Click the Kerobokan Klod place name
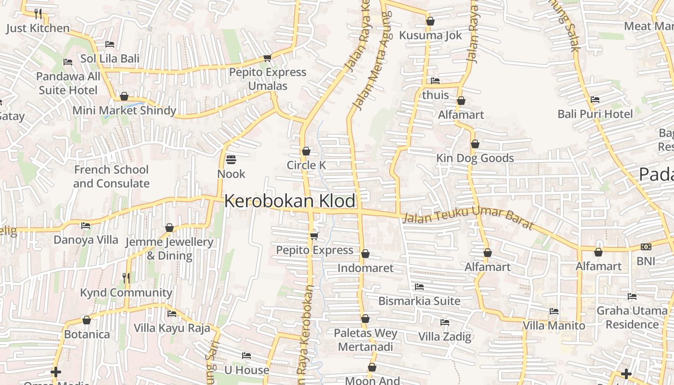pos(290,201)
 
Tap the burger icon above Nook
pos(231,159)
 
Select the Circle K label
pos(306,165)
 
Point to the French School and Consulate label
pos(111,177)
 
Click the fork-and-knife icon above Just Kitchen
pos(38,13)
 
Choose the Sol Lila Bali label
pos(110,59)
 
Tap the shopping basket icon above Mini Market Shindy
pos(124,96)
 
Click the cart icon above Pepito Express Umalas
pos(267,58)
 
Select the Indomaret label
pos(365,268)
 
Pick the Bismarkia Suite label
pos(419,301)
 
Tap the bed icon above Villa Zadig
pos(445,322)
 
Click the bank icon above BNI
pos(646,247)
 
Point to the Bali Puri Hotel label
pos(595,114)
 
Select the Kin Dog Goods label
pos(475,158)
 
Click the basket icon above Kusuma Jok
pos(430,21)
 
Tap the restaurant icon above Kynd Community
pos(126,278)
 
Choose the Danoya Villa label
pos(86,240)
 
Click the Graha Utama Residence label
pos(632,318)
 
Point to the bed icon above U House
pos(246,356)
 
